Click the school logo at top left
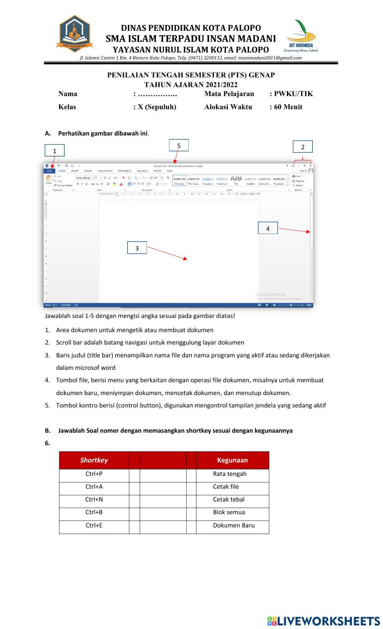[x=74, y=34]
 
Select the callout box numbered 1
[x=54, y=150]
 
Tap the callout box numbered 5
[x=178, y=145]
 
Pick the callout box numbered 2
[x=303, y=147]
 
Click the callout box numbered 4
[x=268, y=228]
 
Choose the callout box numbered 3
[x=137, y=248]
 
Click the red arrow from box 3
[x=167, y=253]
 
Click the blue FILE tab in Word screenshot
[x=49, y=171]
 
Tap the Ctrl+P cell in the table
[x=94, y=474]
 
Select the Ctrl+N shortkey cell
[x=94, y=500]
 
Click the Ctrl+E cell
[x=94, y=525]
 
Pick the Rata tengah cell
[x=232, y=474]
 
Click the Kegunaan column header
[x=232, y=460]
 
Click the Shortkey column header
[x=94, y=460]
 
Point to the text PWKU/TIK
[x=293, y=94]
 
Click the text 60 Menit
[x=288, y=107]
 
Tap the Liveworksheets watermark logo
[x=323, y=621]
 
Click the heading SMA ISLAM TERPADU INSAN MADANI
[x=191, y=39]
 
